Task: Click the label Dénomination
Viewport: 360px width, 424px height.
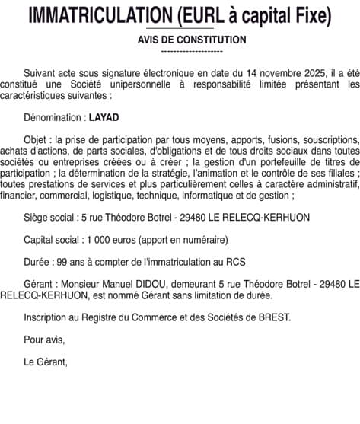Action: [x=53, y=120]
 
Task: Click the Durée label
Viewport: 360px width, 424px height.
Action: [x=37, y=261]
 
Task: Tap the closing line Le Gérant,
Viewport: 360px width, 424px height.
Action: [x=46, y=362]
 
